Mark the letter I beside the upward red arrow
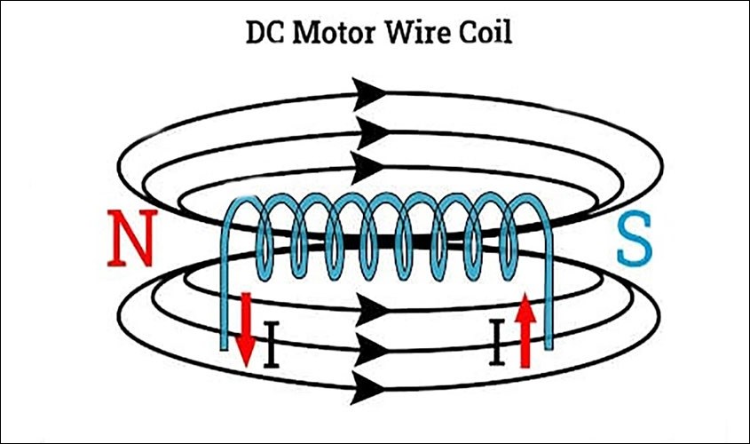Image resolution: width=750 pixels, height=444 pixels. [501, 345]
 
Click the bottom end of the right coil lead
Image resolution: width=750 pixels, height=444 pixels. [551, 345]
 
